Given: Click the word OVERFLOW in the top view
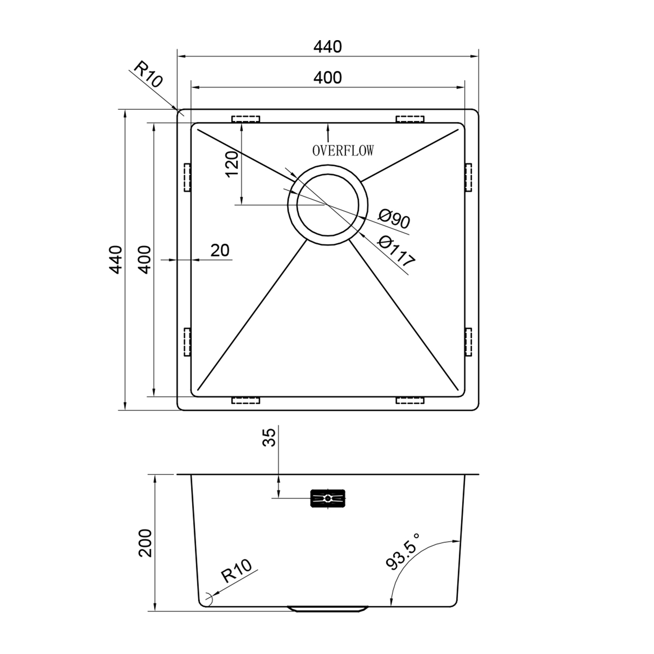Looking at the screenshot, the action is (343, 151).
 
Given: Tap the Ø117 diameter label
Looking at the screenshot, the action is (396, 251).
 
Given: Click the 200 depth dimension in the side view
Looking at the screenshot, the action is (145, 543).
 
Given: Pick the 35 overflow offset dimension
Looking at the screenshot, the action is (269, 437).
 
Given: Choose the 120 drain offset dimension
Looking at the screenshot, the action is (232, 163).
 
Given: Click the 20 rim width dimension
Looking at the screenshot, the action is (220, 250).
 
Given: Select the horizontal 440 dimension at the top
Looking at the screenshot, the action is (327, 47).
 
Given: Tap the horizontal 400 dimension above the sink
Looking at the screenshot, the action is (328, 78).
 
